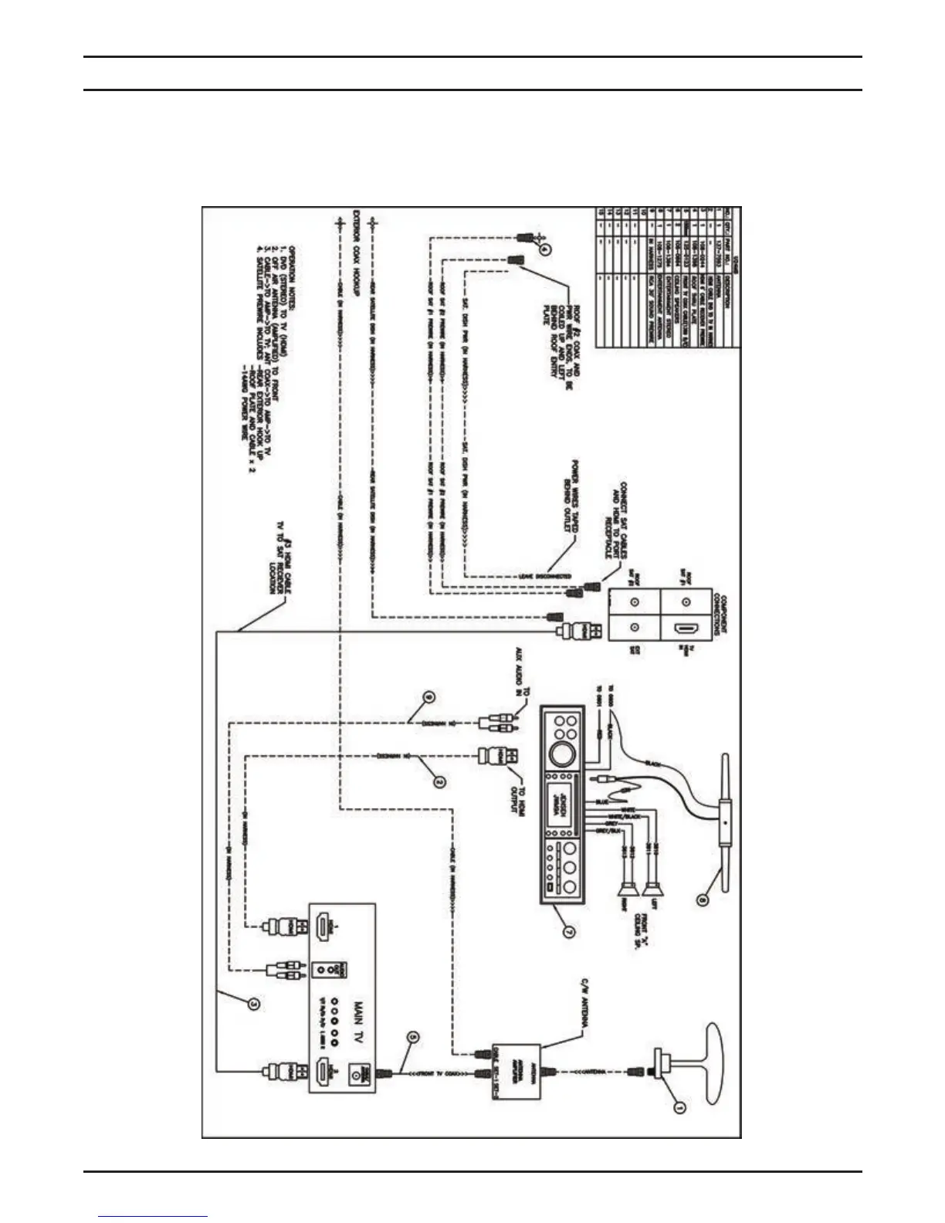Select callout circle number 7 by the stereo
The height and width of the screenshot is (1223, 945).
(x=567, y=931)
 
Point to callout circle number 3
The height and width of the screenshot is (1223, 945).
(x=252, y=1004)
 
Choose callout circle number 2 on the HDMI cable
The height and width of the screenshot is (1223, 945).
(x=439, y=781)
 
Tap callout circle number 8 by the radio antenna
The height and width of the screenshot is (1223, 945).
(x=702, y=899)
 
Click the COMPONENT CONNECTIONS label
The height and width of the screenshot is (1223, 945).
(x=717, y=614)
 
